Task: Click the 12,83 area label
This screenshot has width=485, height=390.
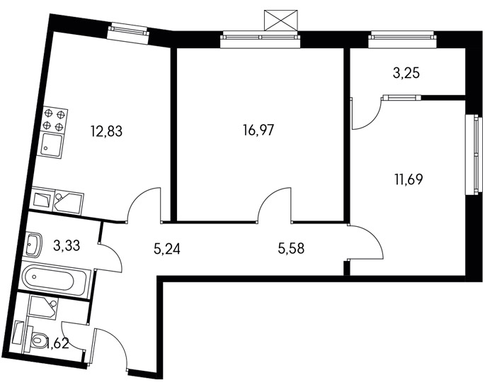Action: click(106, 131)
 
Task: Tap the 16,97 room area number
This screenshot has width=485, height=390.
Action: click(258, 130)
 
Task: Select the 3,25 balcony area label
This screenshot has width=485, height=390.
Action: click(406, 74)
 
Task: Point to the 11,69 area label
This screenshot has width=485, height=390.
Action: click(409, 179)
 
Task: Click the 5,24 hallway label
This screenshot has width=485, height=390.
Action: click(166, 248)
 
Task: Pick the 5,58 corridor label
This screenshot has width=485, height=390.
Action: click(291, 248)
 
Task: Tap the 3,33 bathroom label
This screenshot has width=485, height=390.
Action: click(67, 245)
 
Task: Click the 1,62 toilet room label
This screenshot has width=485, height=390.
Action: click(57, 343)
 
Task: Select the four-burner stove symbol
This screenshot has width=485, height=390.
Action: click(55, 120)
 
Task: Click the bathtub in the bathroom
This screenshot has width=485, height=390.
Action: click(56, 280)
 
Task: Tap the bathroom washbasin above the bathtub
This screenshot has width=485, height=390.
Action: click(33, 245)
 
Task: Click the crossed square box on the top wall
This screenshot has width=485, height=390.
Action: click(281, 21)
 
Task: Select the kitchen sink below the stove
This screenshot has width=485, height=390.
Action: click(52, 145)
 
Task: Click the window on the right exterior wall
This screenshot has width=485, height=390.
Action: click(474, 155)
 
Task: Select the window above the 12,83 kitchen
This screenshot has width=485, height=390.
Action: click(128, 31)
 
